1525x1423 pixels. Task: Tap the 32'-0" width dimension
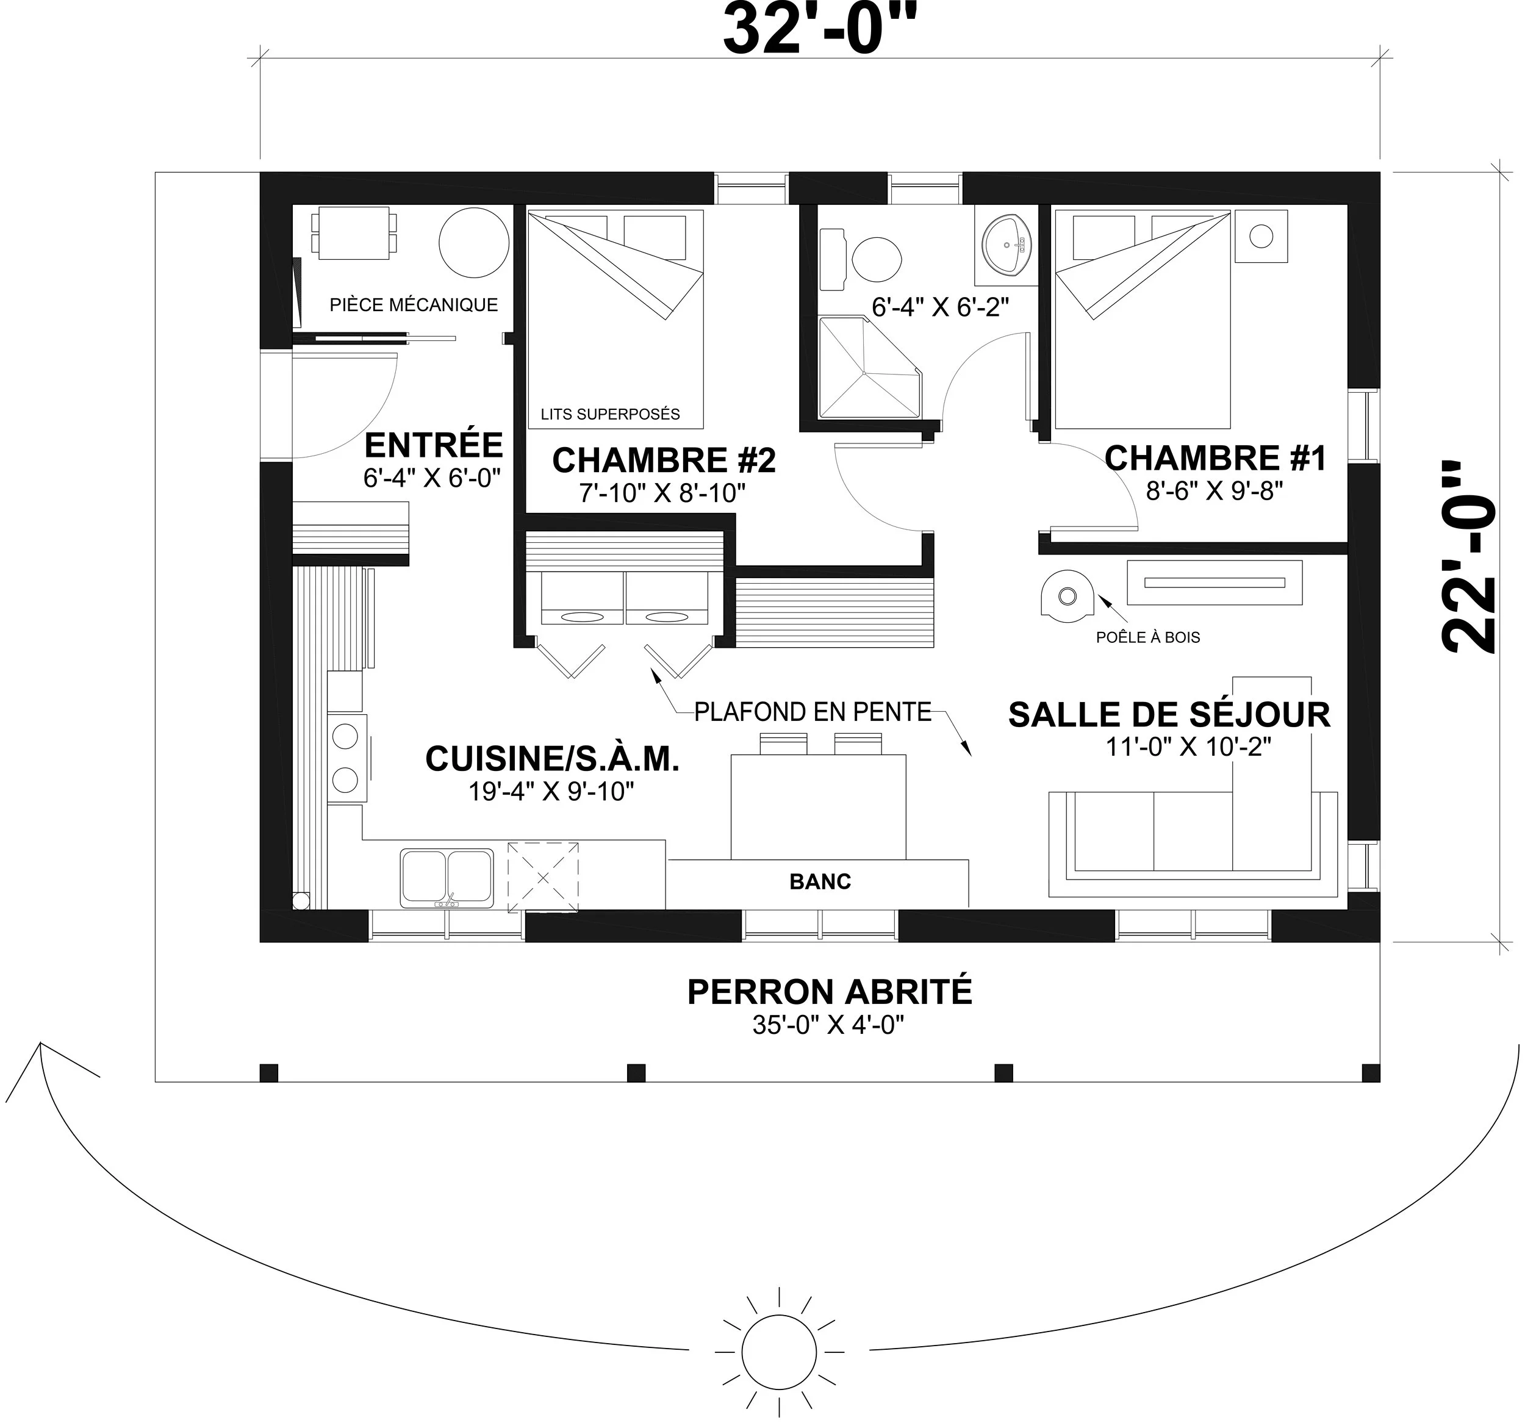(x=820, y=30)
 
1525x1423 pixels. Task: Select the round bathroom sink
(x=1007, y=243)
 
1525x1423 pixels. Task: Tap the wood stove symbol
(x=1067, y=595)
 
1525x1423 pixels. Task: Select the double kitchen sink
(x=447, y=878)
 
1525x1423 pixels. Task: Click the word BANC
(x=820, y=881)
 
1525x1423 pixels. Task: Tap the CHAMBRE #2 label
(x=664, y=461)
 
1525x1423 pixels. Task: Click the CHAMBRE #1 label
(x=1215, y=458)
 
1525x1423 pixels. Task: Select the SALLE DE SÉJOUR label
(x=1169, y=714)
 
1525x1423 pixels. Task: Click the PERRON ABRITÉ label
(x=829, y=992)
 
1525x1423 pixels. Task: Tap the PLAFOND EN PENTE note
(x=813, y=712)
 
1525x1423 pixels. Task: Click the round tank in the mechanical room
(x=474, y=242)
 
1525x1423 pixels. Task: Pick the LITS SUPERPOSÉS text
(x=611, y=414)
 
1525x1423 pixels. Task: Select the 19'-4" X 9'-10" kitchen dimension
(x=551, y=792)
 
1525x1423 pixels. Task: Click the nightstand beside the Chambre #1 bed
(x=1261, y=236)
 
